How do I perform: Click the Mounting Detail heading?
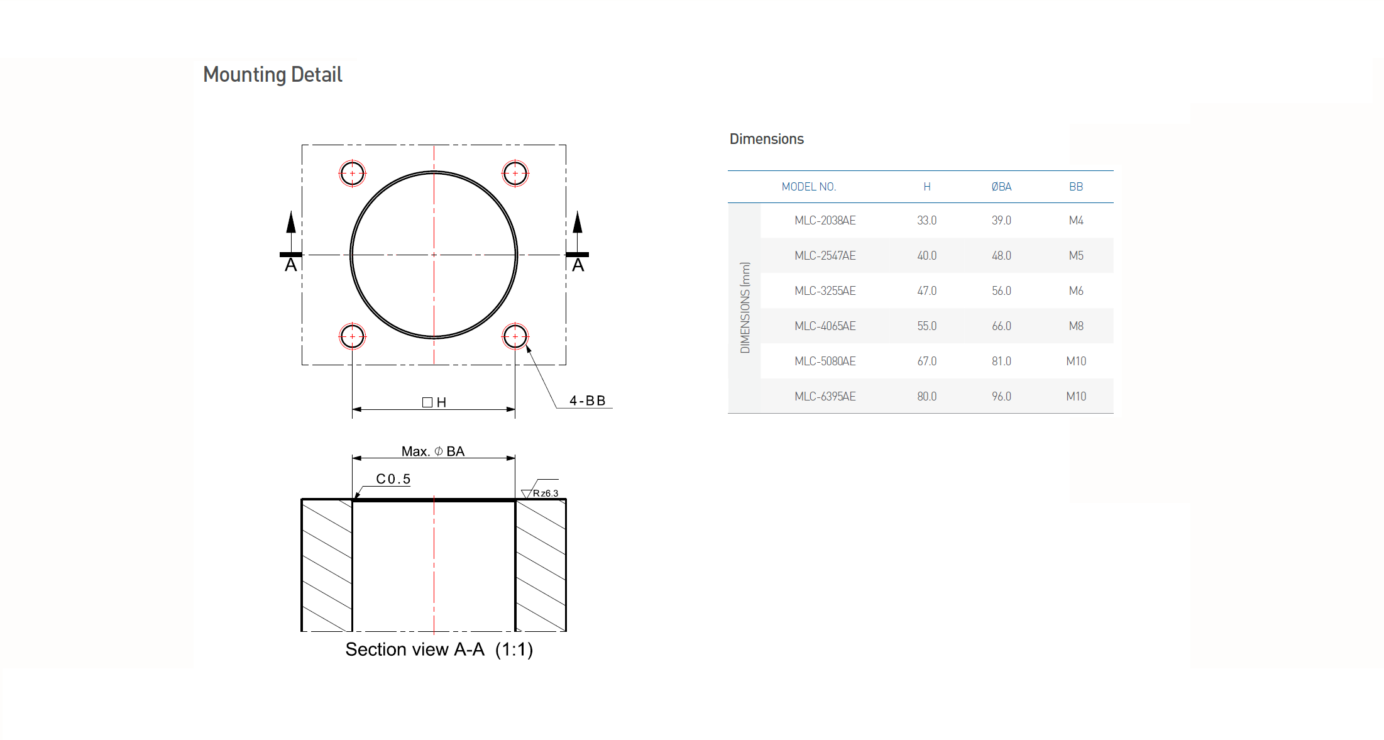tap(272, 75)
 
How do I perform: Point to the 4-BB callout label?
tap(588, 400)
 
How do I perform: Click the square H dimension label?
tap(434, 402)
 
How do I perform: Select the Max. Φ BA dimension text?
tap(433, 451)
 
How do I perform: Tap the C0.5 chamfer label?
tap(393, 479)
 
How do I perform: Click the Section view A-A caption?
tap(439, 649)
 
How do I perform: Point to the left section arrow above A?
tap(291, 231)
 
